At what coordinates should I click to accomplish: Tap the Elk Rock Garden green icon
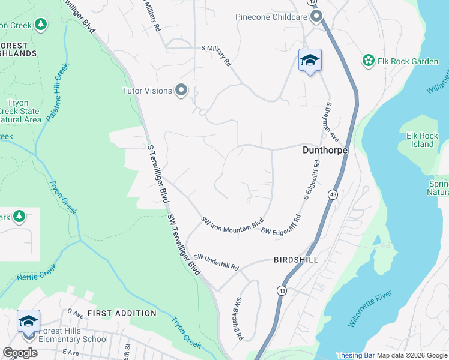click(367, 61)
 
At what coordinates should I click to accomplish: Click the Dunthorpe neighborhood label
click(324, 151)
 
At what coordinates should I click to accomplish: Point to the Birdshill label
click(295, 260)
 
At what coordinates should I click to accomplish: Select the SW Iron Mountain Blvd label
click(232, 223)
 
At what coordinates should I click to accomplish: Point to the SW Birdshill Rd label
click(239, 319)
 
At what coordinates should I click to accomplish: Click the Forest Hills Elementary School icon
click(29, 322)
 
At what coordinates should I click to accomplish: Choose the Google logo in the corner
click(20, 352)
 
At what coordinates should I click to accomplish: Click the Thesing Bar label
click(355, 355)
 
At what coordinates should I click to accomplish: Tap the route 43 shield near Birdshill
click(281, 290)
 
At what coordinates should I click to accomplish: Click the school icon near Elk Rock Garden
click(310, 60)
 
